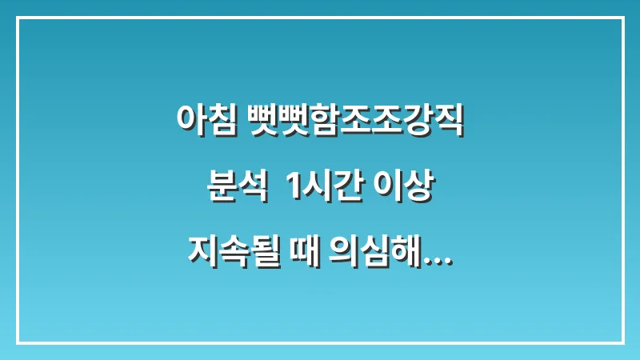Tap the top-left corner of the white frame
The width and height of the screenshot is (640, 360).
[x=18, y=18]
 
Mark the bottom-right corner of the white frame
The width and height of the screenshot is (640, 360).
[x=622, y=342]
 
